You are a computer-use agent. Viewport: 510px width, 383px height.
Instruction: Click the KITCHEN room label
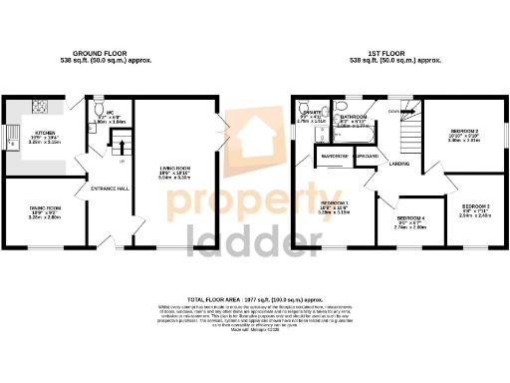[x=46, y=132]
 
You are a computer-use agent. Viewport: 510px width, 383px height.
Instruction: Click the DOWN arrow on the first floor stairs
[x=396, y=111]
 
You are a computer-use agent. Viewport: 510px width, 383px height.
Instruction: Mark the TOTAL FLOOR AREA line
[x=255, y=299]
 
